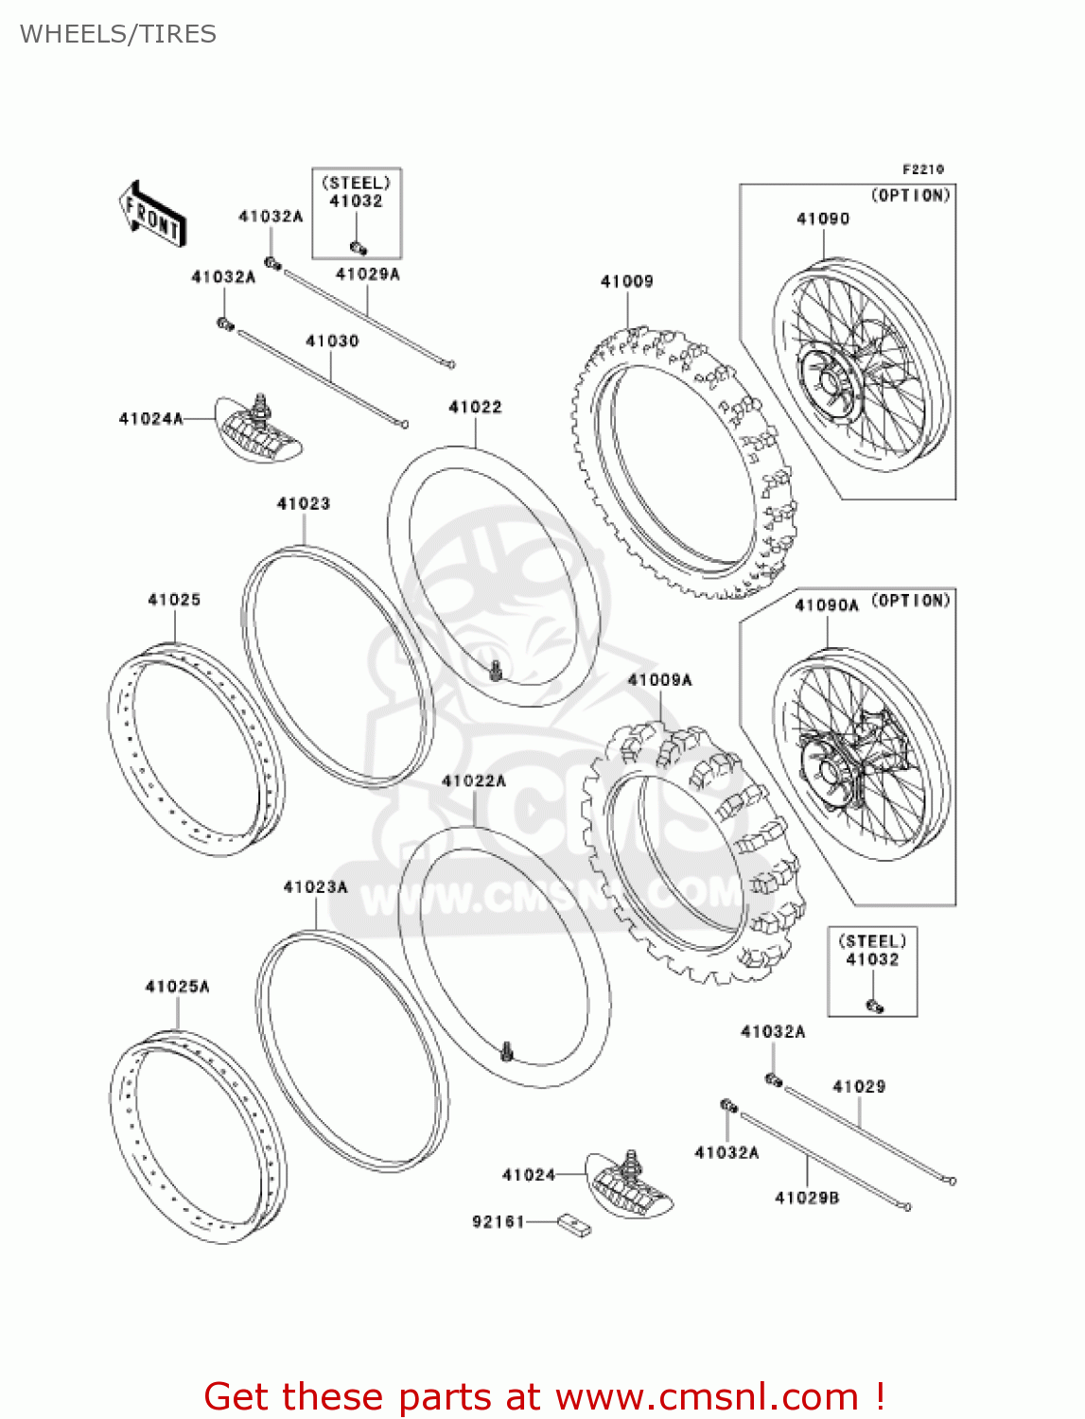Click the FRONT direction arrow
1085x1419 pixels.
click(152, 215)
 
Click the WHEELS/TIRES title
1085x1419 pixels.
click(117, 34)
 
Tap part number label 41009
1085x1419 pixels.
click(626, 281)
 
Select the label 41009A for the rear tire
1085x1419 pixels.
click(659, 680)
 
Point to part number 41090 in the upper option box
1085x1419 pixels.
click(822, 219)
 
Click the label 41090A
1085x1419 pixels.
click(826, 605)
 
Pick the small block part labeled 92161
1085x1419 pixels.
click(574, 1225)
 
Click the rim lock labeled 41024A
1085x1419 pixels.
click(258, 430)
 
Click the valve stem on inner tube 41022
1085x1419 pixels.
click(496, 672)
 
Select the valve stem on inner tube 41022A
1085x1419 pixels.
click(507, 1050)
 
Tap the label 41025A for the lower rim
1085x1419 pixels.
click(177, 987)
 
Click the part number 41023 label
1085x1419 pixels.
click(303, 503)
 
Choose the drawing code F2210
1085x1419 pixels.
click(922, 169)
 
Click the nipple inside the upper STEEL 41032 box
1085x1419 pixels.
click(359, 248)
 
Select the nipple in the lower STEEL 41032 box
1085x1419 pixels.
click(874, 1006)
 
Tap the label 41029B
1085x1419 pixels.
click(806, 1198)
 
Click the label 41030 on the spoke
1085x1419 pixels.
click(332, 341)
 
